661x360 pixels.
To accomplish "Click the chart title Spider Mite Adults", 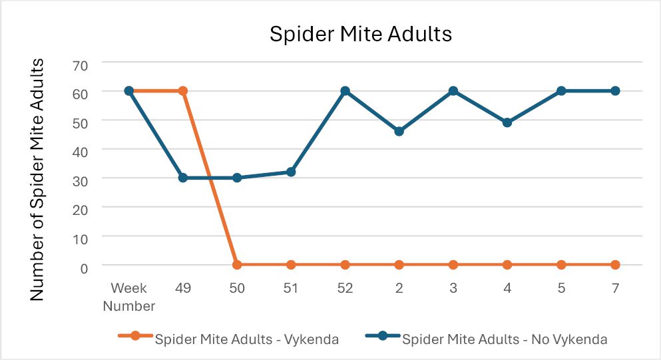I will [x=360, y=34].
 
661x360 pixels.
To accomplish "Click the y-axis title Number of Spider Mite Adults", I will [x=38, y=180].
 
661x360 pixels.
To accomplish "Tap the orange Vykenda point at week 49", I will [x=183, y=90].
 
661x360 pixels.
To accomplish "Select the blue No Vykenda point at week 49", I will [x=183, y=178].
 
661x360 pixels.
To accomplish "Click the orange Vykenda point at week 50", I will [x=237, y=265].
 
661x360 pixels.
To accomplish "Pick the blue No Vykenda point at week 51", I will [x=291, y=172].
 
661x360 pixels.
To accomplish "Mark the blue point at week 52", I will [x=345, y=90].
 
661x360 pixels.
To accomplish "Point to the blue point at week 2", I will [x=399, y=131].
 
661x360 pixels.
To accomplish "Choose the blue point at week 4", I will [x=507, y=122].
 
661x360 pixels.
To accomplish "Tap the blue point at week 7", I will [x=615, y=90].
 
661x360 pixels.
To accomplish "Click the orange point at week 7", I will [x=615, y=265].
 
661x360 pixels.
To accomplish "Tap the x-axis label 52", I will [x=345, y=288].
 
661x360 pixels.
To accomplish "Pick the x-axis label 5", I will [x=561, y=288].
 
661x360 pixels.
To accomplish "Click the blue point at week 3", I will [x=453, y=90].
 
